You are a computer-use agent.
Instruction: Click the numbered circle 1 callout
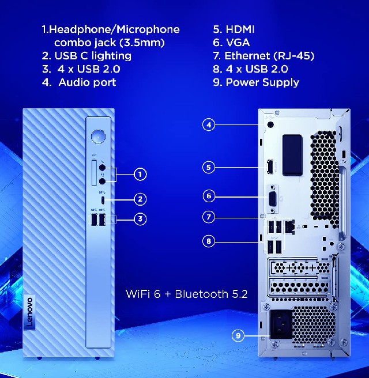(140, 174)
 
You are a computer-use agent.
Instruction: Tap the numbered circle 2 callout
(140, 199)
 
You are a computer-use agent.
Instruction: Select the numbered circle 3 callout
(140, 219)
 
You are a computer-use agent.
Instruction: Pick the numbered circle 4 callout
(209, 124)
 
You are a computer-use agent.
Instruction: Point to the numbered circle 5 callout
(209, 167)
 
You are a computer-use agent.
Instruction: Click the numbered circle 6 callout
(209, 196)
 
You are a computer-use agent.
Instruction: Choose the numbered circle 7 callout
(209, 217)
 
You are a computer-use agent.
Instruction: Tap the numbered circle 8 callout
(209, 241)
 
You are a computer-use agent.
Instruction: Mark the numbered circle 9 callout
(238, 335)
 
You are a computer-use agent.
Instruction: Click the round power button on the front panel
(98, 137)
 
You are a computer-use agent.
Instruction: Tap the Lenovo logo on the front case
(29, 312)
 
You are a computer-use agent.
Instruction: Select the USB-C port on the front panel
(103, 200)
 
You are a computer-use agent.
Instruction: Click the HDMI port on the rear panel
(269, 167)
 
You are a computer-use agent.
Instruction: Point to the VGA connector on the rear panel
(273, 199)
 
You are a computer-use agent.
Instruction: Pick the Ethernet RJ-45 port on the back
(289, 226)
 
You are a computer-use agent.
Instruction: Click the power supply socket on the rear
(281, 324)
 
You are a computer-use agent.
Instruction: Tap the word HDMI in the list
(240, 29)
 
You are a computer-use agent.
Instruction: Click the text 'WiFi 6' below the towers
(143, 294)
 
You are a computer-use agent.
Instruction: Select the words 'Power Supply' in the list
(262, 83)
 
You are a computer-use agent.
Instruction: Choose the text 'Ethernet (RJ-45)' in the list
(269, 56)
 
